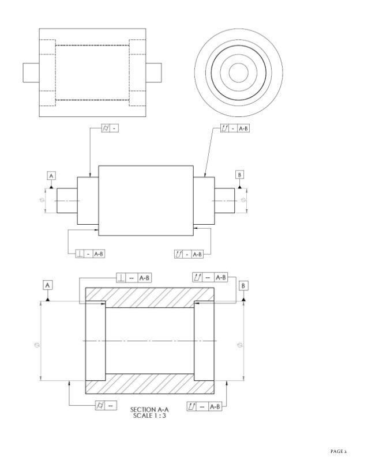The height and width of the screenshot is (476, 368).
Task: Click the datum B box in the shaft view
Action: (x=239, y=175)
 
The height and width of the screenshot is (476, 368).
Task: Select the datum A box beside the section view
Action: (x=47, y=285)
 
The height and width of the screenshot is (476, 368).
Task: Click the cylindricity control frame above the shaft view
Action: (x=110, y=128)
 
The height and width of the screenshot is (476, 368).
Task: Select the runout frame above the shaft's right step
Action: (x=235, y=128)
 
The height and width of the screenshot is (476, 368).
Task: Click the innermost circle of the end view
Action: (x=238, y=72)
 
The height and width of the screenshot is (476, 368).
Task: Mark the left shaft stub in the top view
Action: (x=30, y=72)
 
